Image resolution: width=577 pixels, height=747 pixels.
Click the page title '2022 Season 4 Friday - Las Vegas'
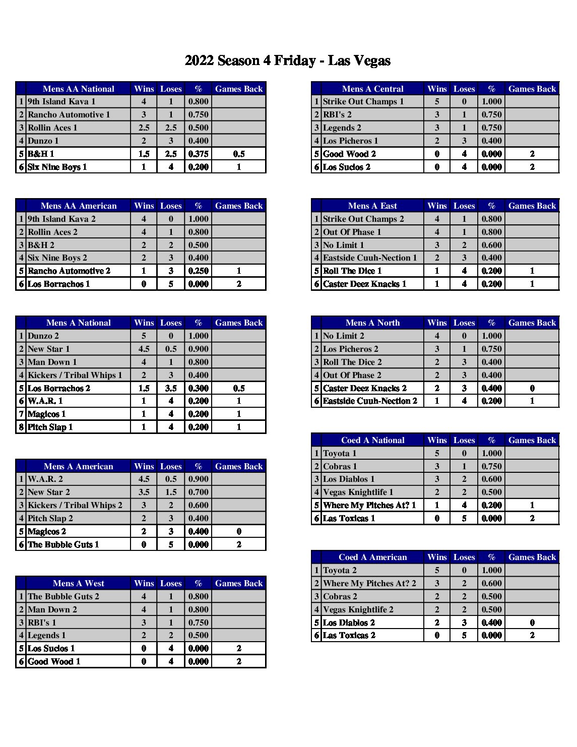click(287, 61)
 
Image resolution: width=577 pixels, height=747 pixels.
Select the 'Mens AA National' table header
click(78, 89)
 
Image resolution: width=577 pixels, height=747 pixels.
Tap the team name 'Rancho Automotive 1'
click(69, 114)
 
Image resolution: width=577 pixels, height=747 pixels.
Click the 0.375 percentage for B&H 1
click(198, 154)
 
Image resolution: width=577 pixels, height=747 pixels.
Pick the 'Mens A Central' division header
click(372, 89)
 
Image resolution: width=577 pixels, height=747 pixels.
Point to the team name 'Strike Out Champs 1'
click(363, 101)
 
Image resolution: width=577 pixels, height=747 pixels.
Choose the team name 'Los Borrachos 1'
click(58, 284)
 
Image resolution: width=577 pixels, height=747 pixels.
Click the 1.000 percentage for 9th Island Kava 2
click(198, 219)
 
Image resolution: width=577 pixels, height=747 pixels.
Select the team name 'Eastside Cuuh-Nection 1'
click(370, 258)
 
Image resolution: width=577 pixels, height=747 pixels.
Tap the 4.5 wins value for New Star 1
click(144, 349)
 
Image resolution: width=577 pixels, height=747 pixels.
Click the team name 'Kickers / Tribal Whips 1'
click(75, 375)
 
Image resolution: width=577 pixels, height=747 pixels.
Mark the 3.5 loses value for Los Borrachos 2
click(171, 388)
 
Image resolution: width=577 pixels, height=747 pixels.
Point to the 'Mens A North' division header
click(372, 323)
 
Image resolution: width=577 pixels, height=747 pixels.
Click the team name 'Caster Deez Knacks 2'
click(365, 388)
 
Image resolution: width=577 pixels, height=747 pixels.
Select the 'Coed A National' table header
click(372, 440)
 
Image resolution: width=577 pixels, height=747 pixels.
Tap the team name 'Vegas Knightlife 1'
click(358, 492)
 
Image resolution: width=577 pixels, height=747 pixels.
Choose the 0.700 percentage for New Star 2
click(198, 492)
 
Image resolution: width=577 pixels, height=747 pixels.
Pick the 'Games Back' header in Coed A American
click(532, 557)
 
